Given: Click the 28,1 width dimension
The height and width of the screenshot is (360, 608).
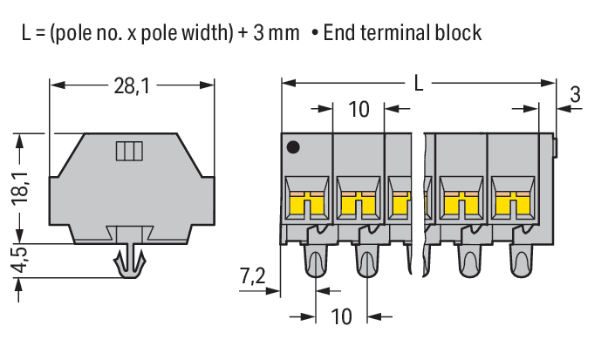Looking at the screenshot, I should (131, 85).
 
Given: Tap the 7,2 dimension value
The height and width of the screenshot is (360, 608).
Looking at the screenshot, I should (253, 277).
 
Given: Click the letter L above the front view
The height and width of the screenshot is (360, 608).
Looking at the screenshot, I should (420, 85).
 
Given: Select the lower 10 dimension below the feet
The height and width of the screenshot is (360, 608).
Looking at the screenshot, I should (341, 316).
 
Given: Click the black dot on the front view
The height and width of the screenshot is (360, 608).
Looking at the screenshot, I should (296, 147).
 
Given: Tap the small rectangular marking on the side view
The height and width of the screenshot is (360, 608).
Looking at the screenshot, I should (129, 152).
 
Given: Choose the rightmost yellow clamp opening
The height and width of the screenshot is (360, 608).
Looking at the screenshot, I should (512, 202).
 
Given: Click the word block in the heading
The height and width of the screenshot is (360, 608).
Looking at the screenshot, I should (459, 33).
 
